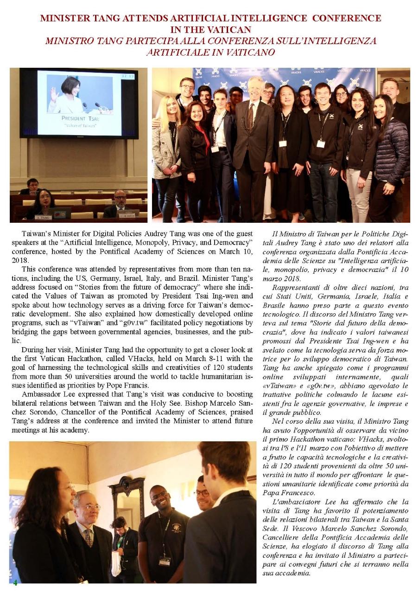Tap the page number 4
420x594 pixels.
pos(15,582)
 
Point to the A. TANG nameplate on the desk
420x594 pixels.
pos(43,217)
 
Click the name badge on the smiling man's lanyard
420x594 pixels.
pos(165,561)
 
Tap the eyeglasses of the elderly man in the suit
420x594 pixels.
pos(92,507)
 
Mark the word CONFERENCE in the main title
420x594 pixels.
pos(346,19)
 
